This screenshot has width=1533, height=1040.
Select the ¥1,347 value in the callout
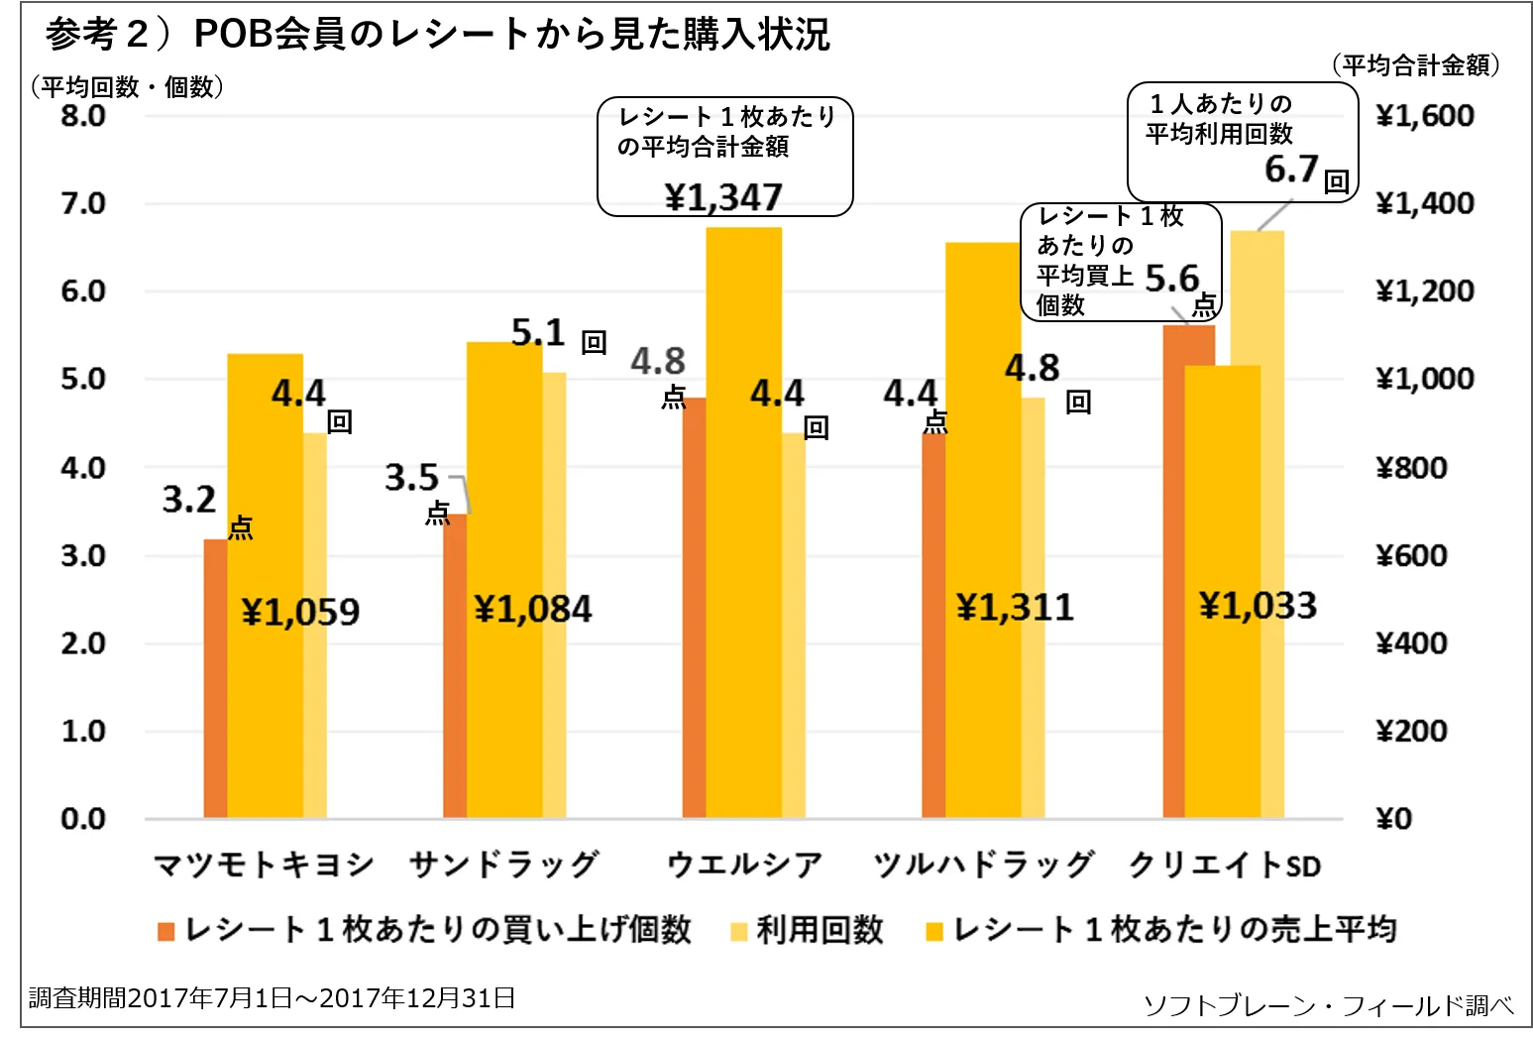[x=723, y=197]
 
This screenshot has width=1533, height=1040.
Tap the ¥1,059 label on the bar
[x=300, y=612]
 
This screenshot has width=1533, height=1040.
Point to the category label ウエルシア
[x=744, y=865]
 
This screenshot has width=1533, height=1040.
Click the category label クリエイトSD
[x=1225, y=865]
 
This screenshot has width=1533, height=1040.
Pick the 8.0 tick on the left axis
[x=83, y=116]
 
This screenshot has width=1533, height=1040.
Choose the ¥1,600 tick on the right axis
[x=1425, y=116]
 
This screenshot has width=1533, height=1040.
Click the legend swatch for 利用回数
[x=738, y=931]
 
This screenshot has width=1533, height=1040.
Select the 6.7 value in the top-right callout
[x=1291, y=170]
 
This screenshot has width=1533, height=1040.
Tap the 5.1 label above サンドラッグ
[x=538, y=333]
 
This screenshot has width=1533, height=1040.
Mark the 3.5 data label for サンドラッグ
[x=411, y=478]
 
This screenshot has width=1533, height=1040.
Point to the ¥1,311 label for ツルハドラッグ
[x=1014, y=607]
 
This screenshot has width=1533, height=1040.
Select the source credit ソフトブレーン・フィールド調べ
[x=1328, y=1005]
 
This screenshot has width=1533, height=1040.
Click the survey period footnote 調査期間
[x=272, y=997]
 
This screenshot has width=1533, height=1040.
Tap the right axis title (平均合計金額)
[x=1415, y=65]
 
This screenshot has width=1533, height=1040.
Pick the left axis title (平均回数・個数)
[x=127, y=87]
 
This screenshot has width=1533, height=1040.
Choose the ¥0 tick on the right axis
[x=1393, y=819]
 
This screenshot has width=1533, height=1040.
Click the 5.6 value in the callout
[x=1171, y=279]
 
